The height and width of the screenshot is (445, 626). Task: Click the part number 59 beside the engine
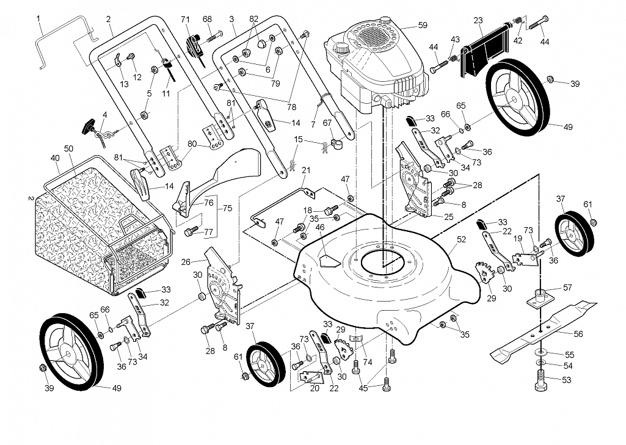click(x=423, y=25)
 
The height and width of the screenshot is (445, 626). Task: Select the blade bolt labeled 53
click(x=540, y=380)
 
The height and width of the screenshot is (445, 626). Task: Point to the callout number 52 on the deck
click(x=461, y=239)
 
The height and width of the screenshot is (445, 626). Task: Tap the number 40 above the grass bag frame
click(x=55, y=158)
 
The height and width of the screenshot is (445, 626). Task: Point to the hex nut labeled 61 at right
click(x=593, y=222)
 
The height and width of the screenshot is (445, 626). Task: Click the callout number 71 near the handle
click(x=185, y=19)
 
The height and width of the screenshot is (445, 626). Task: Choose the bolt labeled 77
click(x=192, y=231)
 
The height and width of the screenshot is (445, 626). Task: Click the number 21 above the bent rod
click(x=306, y=170)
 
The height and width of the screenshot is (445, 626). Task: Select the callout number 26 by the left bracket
click(x=186, y=262)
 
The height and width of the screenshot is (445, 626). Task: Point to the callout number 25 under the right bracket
click(x=449, y=217)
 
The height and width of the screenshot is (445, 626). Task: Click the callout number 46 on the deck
click(x=320, y=228)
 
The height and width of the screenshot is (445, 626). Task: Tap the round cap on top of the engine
click(x=385, y=20)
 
